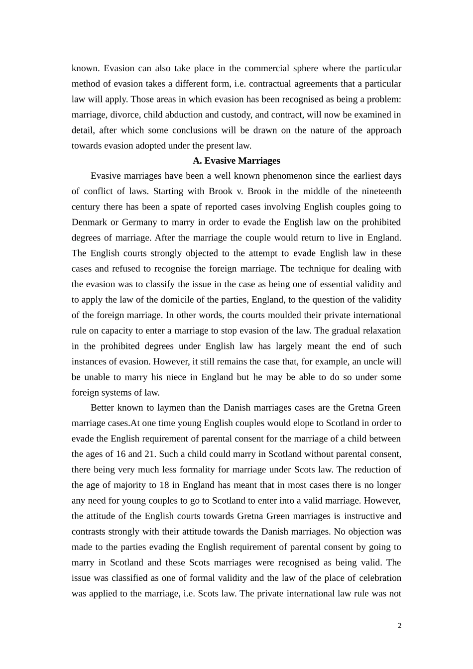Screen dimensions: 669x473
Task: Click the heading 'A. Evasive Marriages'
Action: click(x=236, y=161)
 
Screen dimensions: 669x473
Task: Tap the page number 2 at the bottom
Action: click(x=399, y=626)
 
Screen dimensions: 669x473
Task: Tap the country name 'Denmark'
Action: click(x=89, y=223)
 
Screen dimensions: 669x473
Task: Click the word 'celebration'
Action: click(x=378, y=578)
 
